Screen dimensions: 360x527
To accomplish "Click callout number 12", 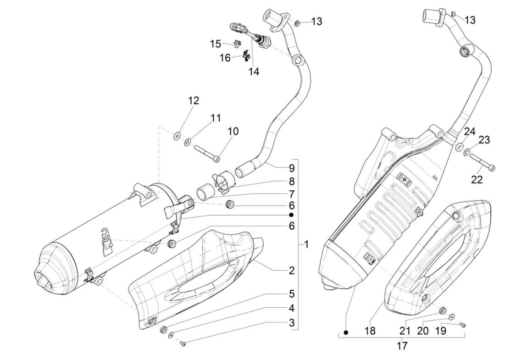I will [x=194, y=100].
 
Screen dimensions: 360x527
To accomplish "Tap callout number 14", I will [x=254, y=72].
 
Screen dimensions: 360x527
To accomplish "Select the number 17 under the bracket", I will [x=402, y=345].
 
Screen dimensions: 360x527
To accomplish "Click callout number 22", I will [x=477, y=179].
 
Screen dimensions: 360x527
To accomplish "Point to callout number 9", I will [x=291, y=167].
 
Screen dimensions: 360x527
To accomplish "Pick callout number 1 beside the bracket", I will [x=306, y=244].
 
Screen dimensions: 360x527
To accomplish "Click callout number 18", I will [x=370, y=331].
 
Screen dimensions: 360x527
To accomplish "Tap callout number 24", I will [x=469, y=132].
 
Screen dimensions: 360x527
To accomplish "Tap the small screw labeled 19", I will [x=463, y=325].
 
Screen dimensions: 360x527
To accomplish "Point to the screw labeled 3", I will [x=183, y=343].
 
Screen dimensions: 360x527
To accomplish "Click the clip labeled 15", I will [x=237, y=44].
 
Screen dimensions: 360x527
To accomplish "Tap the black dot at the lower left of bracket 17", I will [x=346, y=332].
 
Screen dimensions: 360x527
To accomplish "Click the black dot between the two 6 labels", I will [x=291, y=215].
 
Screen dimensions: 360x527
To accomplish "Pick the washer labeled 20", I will [x=452, y=316].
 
